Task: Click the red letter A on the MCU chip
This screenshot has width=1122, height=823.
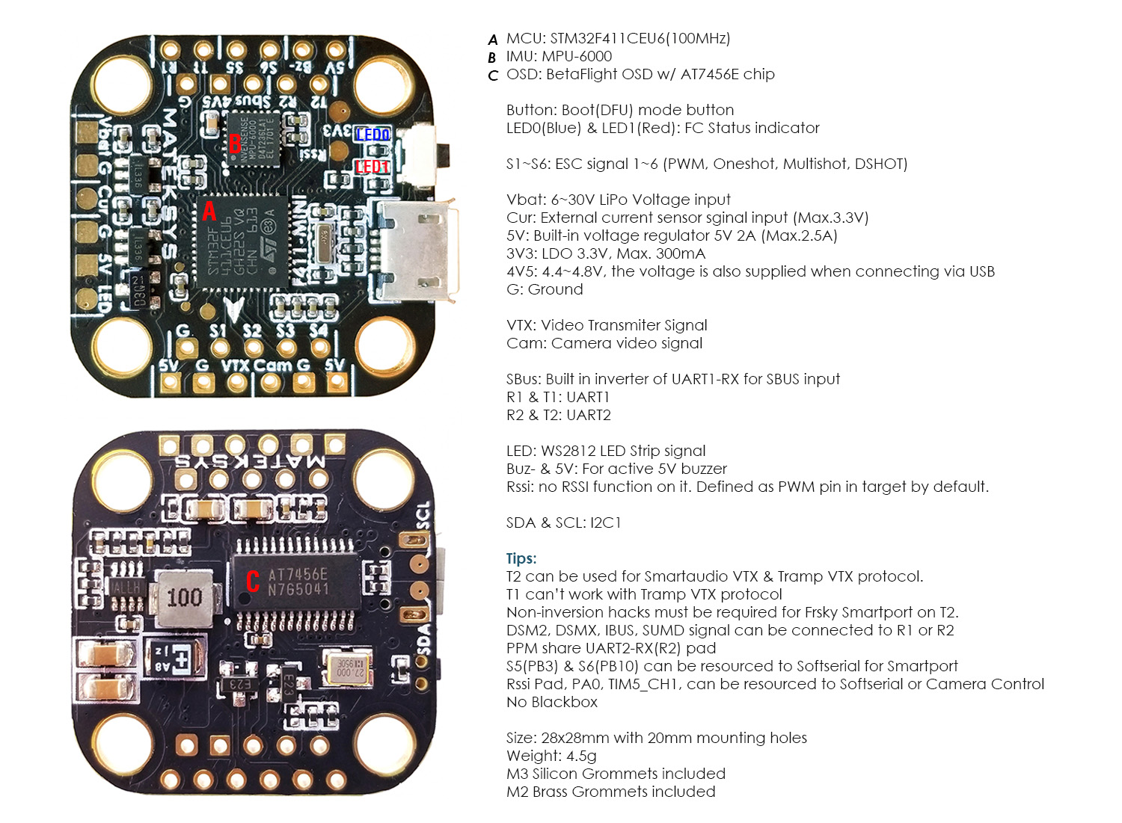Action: coord(209,212)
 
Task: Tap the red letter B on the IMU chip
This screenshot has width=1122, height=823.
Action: coord(235,143)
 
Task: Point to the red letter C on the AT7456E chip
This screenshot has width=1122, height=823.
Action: coord(253,582)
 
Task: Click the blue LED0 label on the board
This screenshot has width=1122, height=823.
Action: coord(373,135)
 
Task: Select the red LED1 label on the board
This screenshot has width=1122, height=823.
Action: coord(372,166)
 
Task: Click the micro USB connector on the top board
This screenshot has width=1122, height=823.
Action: coord(417,251)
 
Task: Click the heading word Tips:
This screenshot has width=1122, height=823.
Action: coord(521,558)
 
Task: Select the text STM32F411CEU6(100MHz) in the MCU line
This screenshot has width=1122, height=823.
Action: coord(640,38)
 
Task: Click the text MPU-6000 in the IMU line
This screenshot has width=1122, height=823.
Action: coord(577,56)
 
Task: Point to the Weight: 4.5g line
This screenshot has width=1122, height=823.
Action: coord(551,756)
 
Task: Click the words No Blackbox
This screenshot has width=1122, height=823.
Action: coord(552,702)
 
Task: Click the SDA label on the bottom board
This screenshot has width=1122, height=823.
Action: coord(424,640)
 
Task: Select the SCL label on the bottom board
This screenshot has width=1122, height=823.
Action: coord(423,516)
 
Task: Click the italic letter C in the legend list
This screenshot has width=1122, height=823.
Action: coord(492,75)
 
